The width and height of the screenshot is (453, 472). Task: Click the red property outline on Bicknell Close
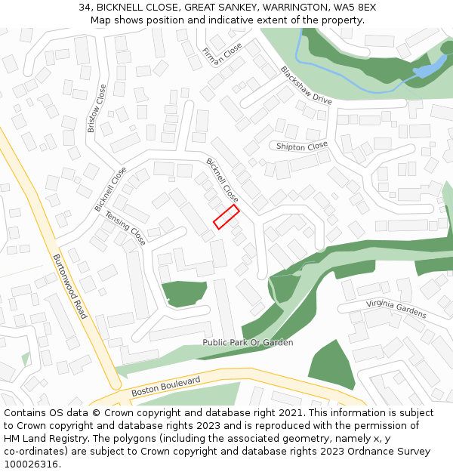coord(226,217)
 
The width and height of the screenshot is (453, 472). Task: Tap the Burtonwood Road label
coord(69,285)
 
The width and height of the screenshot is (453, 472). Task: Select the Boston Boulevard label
coord(165,387)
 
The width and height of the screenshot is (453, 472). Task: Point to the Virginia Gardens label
coord(396,308)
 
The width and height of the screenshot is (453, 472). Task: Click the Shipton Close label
coord(302,146)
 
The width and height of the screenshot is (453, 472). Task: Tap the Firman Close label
coord(222,55)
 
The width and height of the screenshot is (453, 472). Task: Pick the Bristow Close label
coord(97,108)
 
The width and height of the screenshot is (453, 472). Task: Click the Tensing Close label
coord(125,227)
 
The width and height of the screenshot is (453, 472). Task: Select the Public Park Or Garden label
coord(248,343)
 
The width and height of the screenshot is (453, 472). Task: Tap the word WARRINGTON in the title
coord(288,8)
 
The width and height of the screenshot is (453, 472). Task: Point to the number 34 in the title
coord(85,8)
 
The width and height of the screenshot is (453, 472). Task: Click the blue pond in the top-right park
coord(427,70)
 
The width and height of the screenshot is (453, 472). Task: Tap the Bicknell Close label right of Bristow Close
coord(111,189)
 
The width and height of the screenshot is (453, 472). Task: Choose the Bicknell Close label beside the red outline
coord(223,180)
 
